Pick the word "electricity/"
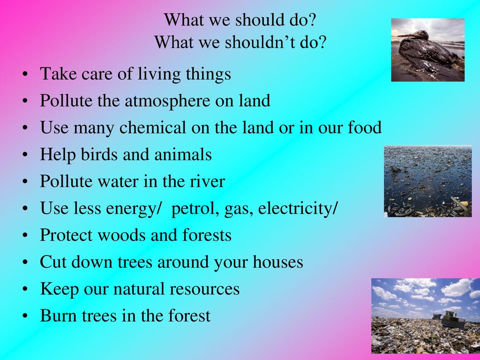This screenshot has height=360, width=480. click(298, 208)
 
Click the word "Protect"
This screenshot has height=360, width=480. click(67, 235)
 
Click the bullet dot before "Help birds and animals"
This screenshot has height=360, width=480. click(25, 155)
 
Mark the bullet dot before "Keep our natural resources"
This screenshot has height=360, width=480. click(25, 290)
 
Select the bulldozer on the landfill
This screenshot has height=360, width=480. click(450, 320)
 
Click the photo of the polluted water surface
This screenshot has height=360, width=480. click(428, 181)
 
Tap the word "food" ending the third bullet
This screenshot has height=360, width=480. click(365, 127)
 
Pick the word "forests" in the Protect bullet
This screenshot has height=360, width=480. click(207, 235)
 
